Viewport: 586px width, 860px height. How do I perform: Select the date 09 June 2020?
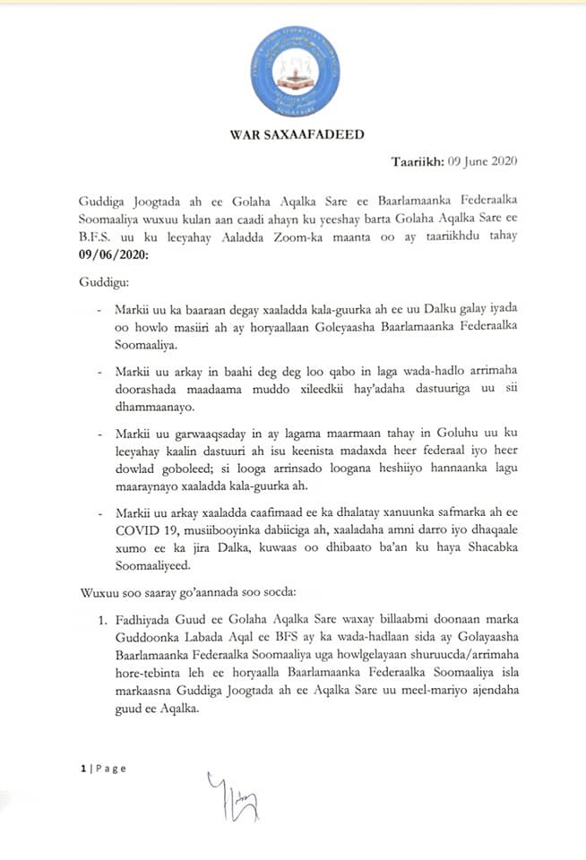point(485,163)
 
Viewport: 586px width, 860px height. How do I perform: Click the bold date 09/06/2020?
point(111,255)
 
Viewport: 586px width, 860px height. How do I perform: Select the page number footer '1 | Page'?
point(103,768)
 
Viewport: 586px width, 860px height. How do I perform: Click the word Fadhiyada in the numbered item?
point(143,621)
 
